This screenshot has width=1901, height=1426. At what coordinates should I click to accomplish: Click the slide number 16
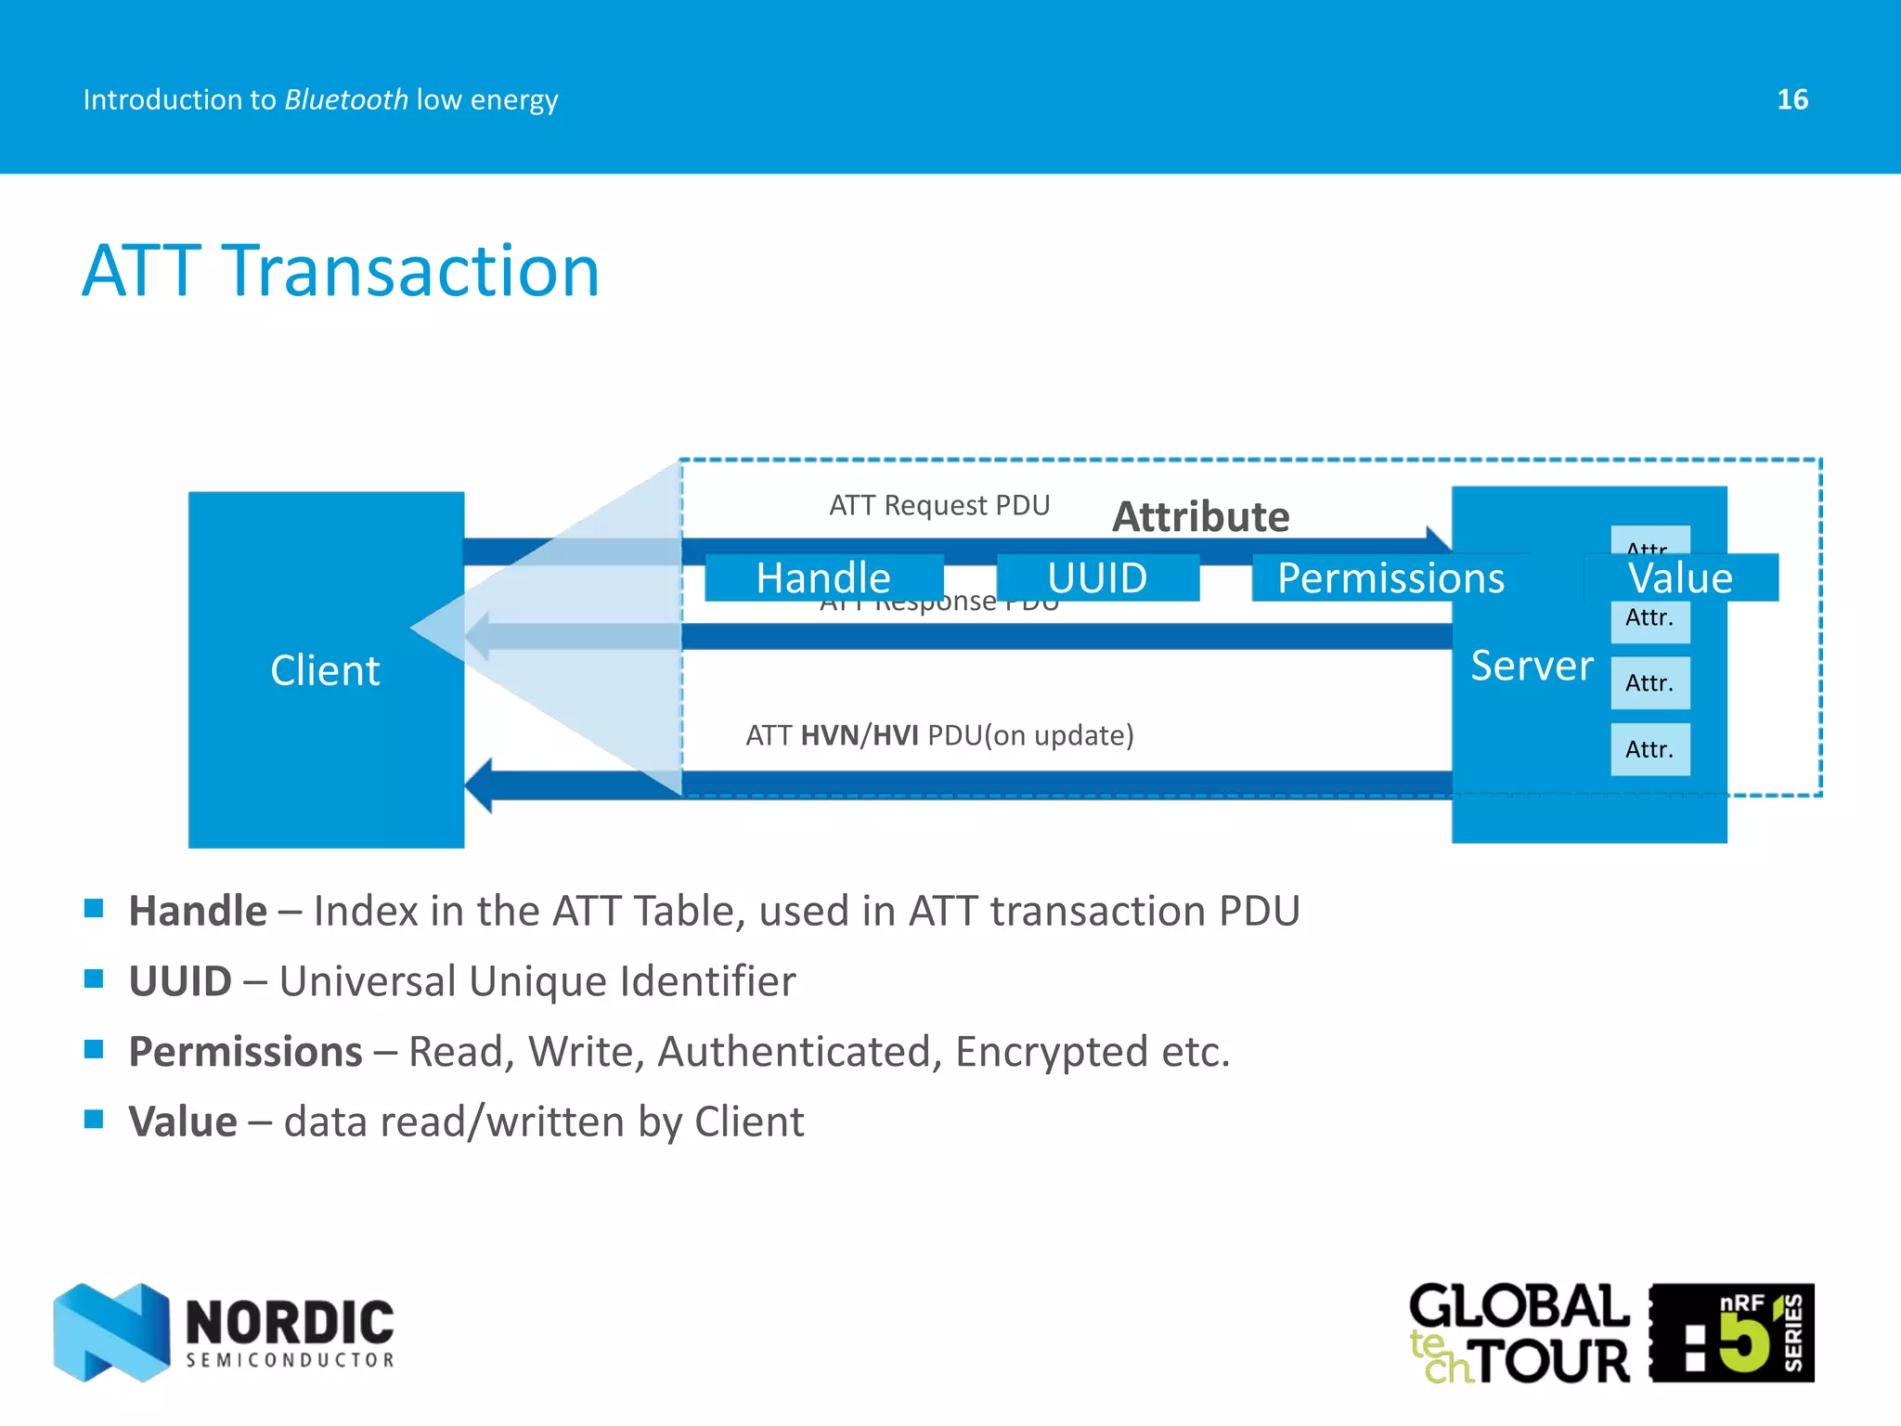pyautogui.click(x=1792, y=99)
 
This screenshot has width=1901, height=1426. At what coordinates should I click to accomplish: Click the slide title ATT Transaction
pyautogui.click(x=341, y=270)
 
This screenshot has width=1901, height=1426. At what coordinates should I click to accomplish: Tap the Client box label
pyautogui.click(x=325, y=670)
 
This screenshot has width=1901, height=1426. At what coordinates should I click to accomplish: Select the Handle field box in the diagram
pyautogui.click(x=823, y=577)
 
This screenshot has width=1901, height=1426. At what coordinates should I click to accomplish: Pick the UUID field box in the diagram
pyautogui.click(x=1097, y=577)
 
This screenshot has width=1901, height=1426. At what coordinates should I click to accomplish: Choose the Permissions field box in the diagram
pyautogui.click(x=1390, y=577)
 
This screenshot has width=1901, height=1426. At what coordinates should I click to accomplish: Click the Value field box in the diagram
pyautogui.click(x=1680, y=577)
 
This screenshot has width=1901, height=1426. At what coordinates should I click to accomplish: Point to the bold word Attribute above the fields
pyautogui.click(x=1200, y=516)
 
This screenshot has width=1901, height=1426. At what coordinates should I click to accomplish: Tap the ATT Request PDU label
pyautogui.click(x=939, y=505)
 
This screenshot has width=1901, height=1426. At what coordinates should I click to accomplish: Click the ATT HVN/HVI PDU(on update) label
pyautogui.click(x=939, y=735)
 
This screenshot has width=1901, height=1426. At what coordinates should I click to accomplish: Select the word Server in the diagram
pyautogui.click(x=1532, y=666)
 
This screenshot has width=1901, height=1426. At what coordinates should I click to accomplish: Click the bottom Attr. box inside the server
pyautogui.click(x=1649, y=749)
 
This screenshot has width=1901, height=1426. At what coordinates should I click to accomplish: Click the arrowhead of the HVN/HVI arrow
pyautogui.click(x=479, y=785)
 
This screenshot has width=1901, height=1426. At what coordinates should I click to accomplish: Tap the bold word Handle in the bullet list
pyautogui.click(x=198, y=911)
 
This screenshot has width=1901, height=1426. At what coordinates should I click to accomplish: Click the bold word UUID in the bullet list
pyautogui.click(x=180, y=981)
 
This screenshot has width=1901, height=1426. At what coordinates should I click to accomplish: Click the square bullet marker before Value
pyautogui.click(x=94, y=1119)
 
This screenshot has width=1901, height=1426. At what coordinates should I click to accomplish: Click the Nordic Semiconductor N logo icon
pyautogui.click(x=111, y=1332)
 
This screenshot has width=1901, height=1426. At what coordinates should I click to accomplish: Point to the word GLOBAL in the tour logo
pyautogui.click(x=1519, y=1306)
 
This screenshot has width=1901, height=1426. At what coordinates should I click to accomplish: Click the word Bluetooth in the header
pyautogui.click(x=346, y=99)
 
